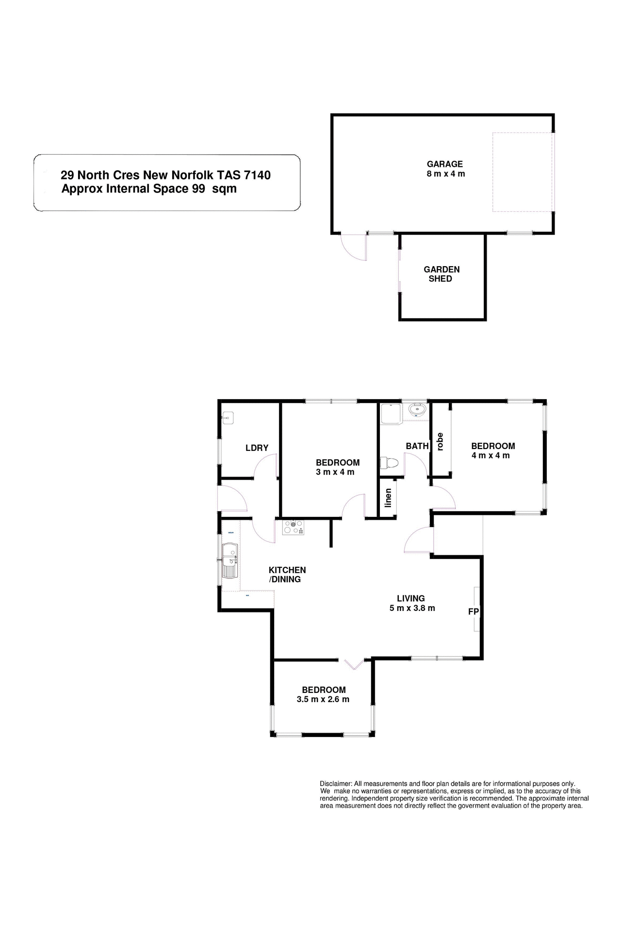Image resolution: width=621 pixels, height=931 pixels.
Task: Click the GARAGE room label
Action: tap(444, 164)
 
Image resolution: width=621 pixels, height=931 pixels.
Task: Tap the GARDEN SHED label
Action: tap(441, 274)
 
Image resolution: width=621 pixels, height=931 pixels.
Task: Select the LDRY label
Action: tap(257, 448)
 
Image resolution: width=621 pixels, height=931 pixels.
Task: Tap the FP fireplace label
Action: tap(473, 612)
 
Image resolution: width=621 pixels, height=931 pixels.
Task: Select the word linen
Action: tap(388, 498)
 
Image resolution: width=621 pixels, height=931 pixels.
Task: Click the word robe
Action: tap(441, 441)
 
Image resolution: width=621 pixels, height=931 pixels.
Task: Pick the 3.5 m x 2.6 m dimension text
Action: tap(323, 699)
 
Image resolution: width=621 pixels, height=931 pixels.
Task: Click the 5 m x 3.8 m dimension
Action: tap(412, 608)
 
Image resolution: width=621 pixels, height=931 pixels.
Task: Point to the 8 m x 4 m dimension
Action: tap(445, 174)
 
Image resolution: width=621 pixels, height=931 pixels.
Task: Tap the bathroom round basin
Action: tap(416, 410)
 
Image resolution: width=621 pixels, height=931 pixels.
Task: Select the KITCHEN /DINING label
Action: tap(287, 575)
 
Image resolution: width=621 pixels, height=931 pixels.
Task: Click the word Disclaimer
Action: tap(335, 784)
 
